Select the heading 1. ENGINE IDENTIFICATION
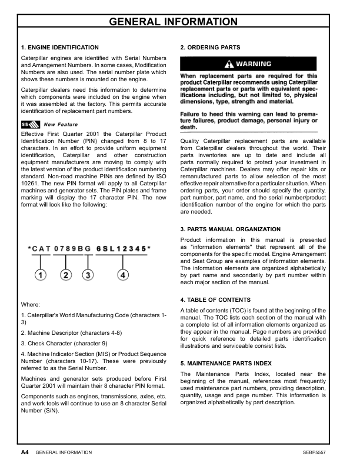[x=59, y=47]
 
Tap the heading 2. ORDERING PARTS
[x=210, y=47]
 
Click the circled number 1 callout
[x=41, y=275]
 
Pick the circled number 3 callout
[x=88, y=275]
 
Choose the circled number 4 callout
[x=122, y=275]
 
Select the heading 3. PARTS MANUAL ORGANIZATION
[x=230, y=229]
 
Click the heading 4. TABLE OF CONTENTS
[x=215, y=300]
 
